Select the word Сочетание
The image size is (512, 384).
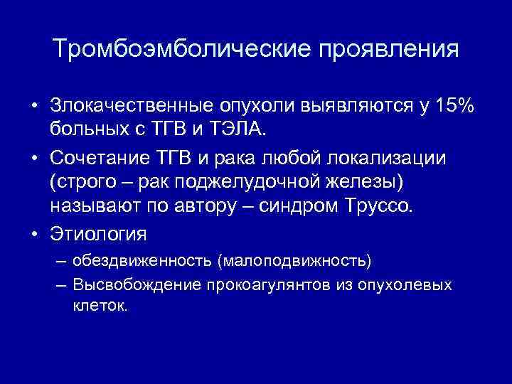click(x=96, y=157)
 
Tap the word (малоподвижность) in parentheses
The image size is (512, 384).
click(x=295, y=260)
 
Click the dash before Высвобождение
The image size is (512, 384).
click(x=59, y=285)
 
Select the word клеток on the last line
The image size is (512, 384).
click(x=99, y=306)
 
